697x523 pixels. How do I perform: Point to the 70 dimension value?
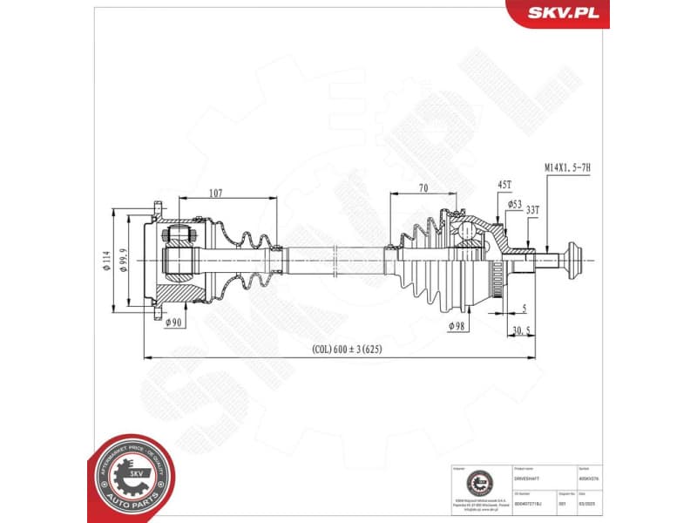point(423,187)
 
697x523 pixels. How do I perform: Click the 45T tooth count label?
point(504,185)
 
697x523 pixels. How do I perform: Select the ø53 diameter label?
point(514,204)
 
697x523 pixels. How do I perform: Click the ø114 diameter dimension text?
point(106,261)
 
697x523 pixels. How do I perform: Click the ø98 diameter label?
point(457,326)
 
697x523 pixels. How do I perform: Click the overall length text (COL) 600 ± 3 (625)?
point(347,350)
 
